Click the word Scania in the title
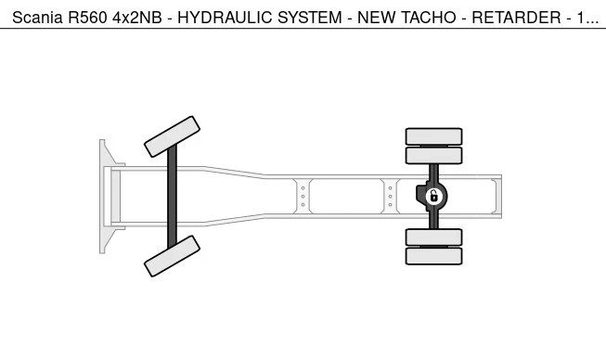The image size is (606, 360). coord(37,18)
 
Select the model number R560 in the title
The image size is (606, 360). coord(87,18)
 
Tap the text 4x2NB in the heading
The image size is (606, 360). coord(137,18)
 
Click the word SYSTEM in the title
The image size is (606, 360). coord(310,18)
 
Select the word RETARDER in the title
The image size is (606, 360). coord(516,18)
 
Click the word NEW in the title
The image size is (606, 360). coord(377,18)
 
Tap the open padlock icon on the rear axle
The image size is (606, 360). coord(434,196)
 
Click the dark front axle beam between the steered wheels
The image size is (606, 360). coord(172,196)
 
